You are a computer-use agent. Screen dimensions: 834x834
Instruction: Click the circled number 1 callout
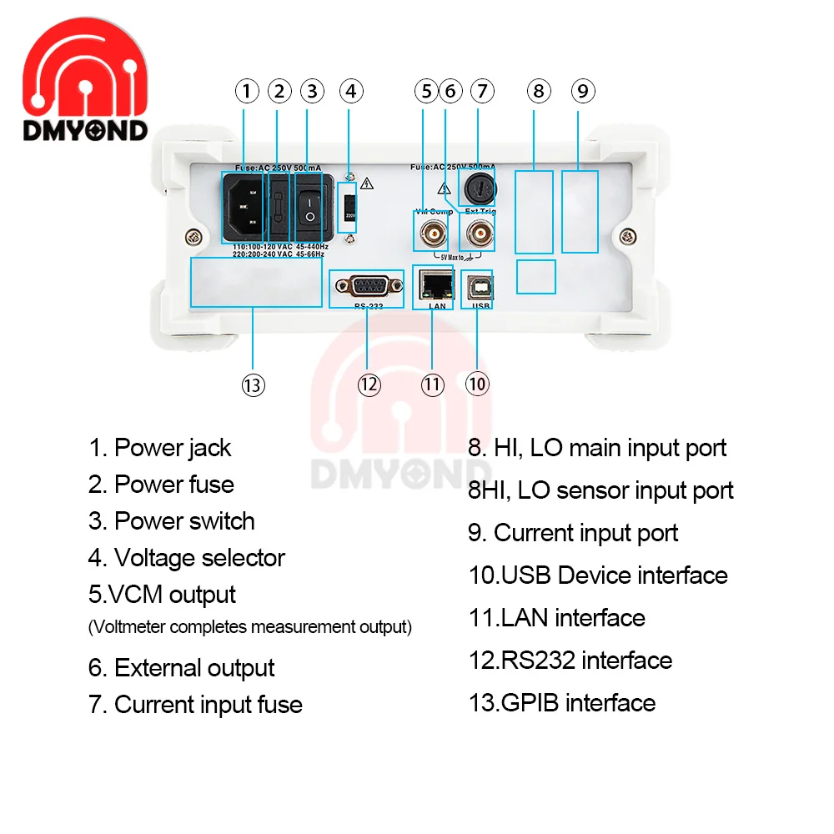246,91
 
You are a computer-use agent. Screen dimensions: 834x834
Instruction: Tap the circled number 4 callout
351,91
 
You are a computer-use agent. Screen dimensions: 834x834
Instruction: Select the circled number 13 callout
253,384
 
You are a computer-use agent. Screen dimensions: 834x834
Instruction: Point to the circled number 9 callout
582,91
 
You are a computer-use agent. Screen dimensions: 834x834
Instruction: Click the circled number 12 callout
369,384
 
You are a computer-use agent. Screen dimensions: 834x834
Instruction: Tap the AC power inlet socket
246,205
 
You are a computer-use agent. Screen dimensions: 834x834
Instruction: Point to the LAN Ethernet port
433,286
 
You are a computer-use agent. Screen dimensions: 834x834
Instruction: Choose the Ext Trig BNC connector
479,231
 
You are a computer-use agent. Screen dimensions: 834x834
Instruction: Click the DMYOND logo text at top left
85,130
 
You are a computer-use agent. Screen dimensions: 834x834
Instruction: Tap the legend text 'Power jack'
172,448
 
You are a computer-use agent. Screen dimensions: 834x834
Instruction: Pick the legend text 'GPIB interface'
577,703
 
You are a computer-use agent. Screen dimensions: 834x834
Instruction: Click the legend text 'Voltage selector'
198,558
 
